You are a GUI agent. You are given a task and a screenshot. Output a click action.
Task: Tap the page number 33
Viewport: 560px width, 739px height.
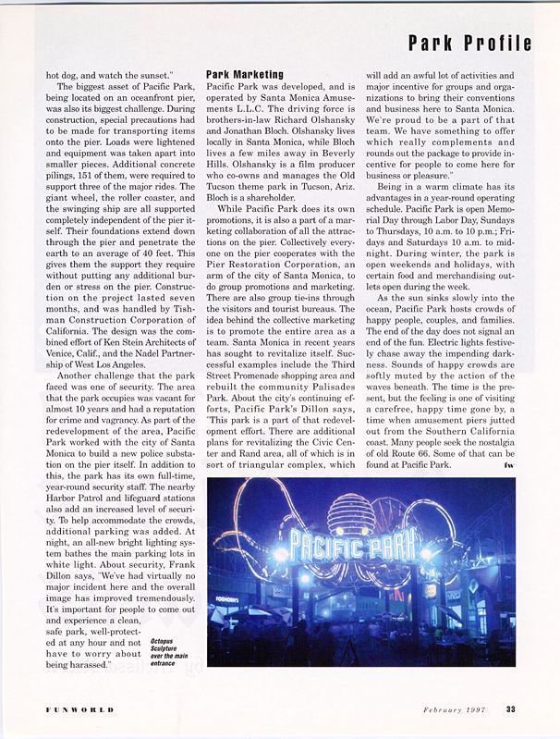[511, 710]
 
